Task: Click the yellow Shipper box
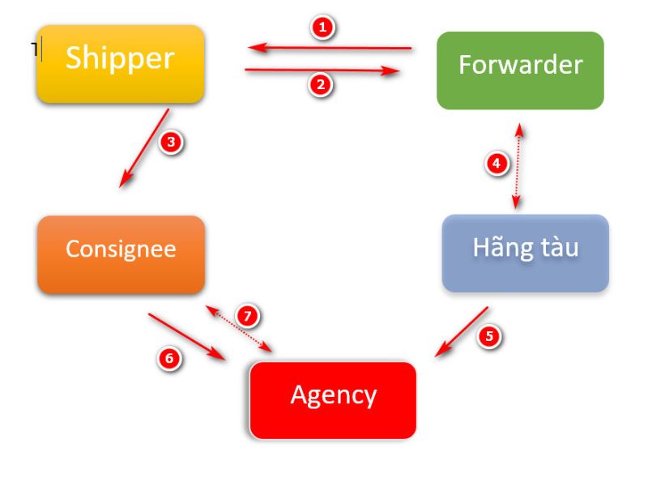120,64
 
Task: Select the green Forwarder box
520,70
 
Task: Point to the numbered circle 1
323,28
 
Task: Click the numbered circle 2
322,84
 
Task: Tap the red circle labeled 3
171,143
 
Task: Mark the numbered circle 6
168,358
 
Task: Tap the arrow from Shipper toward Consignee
145,148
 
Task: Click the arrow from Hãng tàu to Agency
462,331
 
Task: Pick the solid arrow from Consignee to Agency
186,336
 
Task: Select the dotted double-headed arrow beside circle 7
239,329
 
